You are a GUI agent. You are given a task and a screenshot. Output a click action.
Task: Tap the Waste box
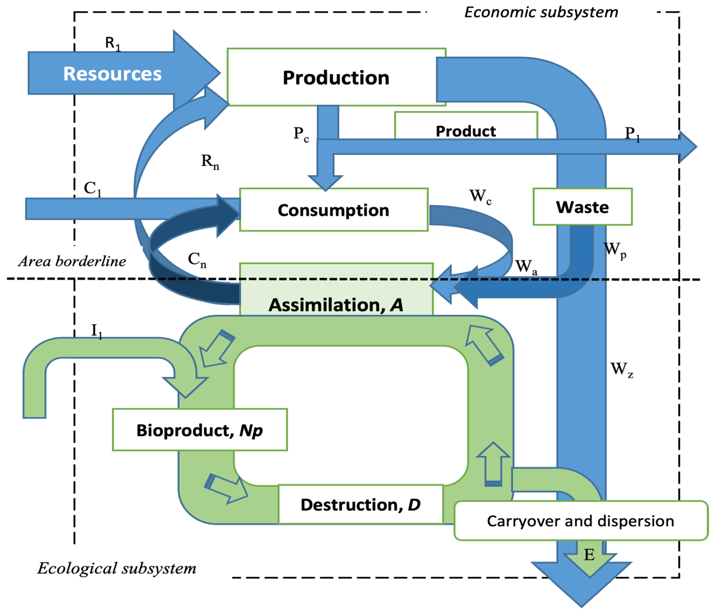[583, 207]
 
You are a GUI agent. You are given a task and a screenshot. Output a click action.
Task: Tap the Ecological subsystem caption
[117, 568]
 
